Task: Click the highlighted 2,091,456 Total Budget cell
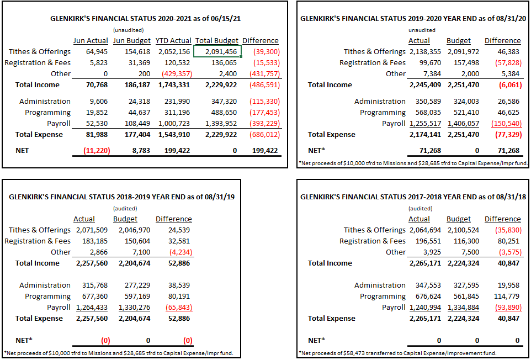pyautogui.click(x=217, y=51)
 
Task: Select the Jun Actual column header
pyautogui.click(x=91, y=41)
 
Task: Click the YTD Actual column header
pyautogui.click(x=173, y=41)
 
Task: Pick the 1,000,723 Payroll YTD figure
pyautogui.click(x=174, y=124)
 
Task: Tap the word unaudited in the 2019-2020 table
pyautogui.click(x=422, y=30)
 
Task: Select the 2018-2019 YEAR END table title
pyautogui.click(x=121, y=197)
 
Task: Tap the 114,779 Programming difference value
pyautogui.click(x=507, y=297)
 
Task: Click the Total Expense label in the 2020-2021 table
pyautogui.click(x=39, y=135)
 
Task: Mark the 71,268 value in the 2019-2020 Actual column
pyautogui.click(x=430, y=150)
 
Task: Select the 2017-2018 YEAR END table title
pyautogui.click(x=413, y=197)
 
